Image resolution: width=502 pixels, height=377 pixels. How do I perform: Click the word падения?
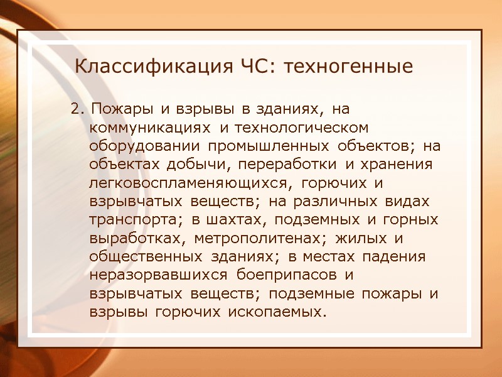399,257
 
